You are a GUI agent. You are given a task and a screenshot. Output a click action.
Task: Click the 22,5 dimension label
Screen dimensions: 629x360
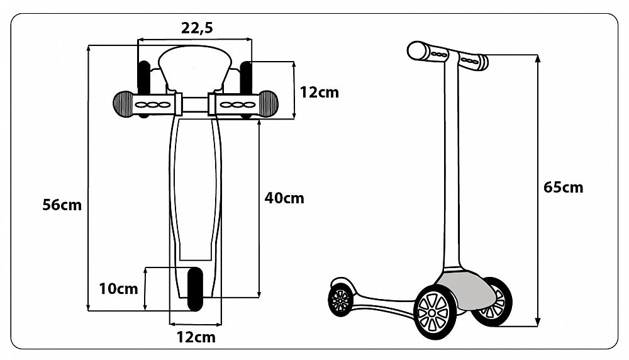coord(197,28)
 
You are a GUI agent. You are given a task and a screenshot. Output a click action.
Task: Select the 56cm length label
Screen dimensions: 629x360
coord(62,205)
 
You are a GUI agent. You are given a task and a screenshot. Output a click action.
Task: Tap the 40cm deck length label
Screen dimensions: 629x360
coord(284,198)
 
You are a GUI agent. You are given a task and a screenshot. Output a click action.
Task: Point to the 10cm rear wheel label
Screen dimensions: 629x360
coord(119,288)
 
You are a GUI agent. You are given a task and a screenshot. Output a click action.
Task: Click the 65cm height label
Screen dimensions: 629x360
coord(563,187)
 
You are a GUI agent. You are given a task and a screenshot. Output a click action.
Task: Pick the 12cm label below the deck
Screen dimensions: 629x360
coord(196,337)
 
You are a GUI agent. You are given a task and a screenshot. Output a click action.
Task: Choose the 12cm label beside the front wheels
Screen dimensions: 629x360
coord(320,93)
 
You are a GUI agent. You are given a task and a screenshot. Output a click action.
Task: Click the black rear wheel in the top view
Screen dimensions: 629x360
coord(195,289)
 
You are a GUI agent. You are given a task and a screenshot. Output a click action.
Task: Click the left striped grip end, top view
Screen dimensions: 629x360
coord(123,104)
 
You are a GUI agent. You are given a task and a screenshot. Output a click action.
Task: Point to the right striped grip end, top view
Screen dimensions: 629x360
coord(268,104)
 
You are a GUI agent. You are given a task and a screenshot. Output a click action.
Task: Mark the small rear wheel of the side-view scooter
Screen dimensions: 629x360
coord(340,300)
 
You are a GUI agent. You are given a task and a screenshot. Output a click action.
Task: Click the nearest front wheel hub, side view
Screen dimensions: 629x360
coord(432,313)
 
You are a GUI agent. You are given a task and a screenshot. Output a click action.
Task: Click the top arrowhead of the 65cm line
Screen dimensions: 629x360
coord(538,59)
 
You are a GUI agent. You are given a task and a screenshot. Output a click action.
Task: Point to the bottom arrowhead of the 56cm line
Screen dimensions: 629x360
coord(88,307)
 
